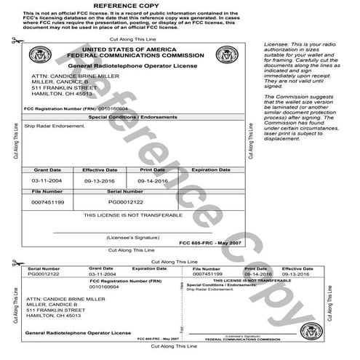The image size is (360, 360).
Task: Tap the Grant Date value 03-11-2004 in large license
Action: coord(46,179)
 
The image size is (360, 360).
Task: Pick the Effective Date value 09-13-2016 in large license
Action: coord(97,179)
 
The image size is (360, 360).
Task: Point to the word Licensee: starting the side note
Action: coord(276,45)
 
